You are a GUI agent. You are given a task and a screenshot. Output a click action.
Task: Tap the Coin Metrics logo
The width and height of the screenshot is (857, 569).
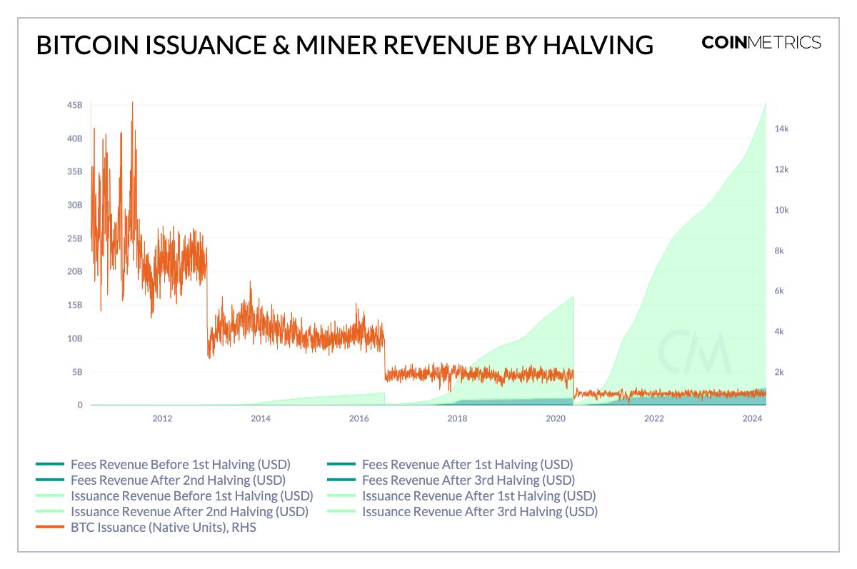tap(761, 42)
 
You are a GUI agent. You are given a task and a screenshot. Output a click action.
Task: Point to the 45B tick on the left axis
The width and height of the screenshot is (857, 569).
tap(74, 106)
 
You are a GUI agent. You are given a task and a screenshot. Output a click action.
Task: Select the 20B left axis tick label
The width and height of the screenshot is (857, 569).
tap(74, 272)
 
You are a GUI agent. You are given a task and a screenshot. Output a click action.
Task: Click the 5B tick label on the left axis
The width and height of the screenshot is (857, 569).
tap(77, 372)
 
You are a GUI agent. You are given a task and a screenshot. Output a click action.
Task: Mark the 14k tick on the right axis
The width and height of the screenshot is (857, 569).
tap(781, 129)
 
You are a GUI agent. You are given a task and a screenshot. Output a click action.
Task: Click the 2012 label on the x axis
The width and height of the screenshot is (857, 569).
tap(162, 419)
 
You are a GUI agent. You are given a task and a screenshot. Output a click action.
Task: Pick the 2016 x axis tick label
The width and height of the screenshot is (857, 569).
tap(359, 419)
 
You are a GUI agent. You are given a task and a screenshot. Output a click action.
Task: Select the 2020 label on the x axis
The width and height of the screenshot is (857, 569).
tap(556, 419)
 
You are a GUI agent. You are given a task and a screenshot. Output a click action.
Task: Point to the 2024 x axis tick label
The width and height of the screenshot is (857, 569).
tap(752, 419)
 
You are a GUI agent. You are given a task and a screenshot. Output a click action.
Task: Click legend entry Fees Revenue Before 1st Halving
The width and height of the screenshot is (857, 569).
tap(180, 465)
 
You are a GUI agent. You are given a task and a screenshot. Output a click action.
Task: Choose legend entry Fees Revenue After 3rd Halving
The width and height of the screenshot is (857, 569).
tap(468, 480)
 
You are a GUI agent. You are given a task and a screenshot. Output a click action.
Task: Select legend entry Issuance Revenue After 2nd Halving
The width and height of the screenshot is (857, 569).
tap(189, 512)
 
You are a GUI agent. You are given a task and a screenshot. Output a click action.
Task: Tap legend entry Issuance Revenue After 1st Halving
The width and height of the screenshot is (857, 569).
tap(478, 496)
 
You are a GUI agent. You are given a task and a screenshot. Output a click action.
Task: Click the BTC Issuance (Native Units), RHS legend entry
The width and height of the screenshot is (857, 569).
tap(163, 528)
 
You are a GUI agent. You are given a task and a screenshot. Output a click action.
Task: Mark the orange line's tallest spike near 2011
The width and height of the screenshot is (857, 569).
tap(132, 104)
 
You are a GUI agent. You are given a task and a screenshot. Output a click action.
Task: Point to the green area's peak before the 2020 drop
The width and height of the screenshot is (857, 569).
tap(573, 298)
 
